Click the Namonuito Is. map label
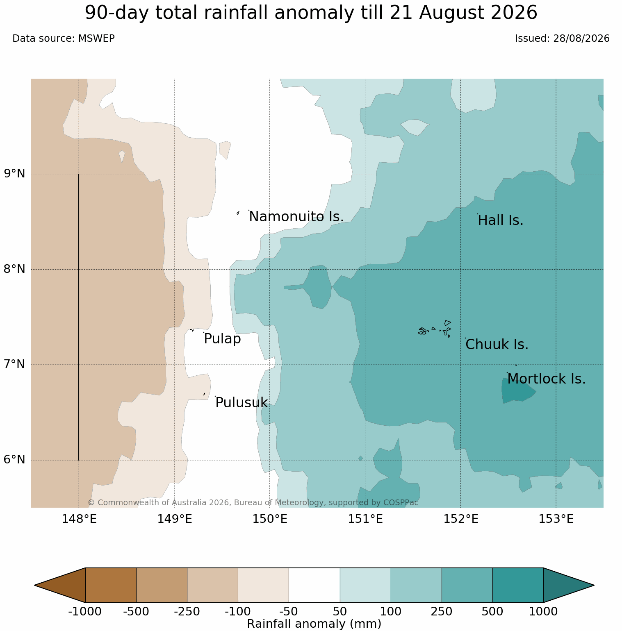click(296, 217)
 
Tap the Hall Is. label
click(501, 220)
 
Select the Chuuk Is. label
click(497, 345)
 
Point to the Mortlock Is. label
click(546, 379)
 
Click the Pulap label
click(222, 339)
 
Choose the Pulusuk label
click(242, 403)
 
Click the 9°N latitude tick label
click(15, 174)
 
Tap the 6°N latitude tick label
click(15, 460)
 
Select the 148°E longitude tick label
click(79, 519)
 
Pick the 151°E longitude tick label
click(365, 519)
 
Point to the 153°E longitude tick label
click(556, 519)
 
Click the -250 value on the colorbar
click(187, 612)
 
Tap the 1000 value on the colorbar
click(543, 612)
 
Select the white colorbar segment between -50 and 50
click(314, 585)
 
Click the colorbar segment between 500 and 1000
click(518, 585)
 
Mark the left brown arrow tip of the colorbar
click(35, 585)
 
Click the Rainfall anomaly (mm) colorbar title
click(314, 624)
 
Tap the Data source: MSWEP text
click(64, 39)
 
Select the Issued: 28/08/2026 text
click(562, 39)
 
